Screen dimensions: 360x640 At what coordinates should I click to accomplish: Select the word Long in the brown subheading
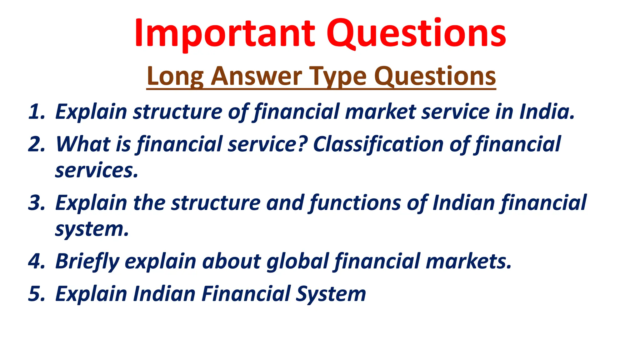(x=175, y=77)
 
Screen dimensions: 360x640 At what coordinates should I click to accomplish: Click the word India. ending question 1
(x=547, y=112)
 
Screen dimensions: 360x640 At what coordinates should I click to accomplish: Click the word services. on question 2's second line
(x=97, y=171)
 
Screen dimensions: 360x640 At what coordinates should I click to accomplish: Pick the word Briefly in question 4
(x=87, y=262)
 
